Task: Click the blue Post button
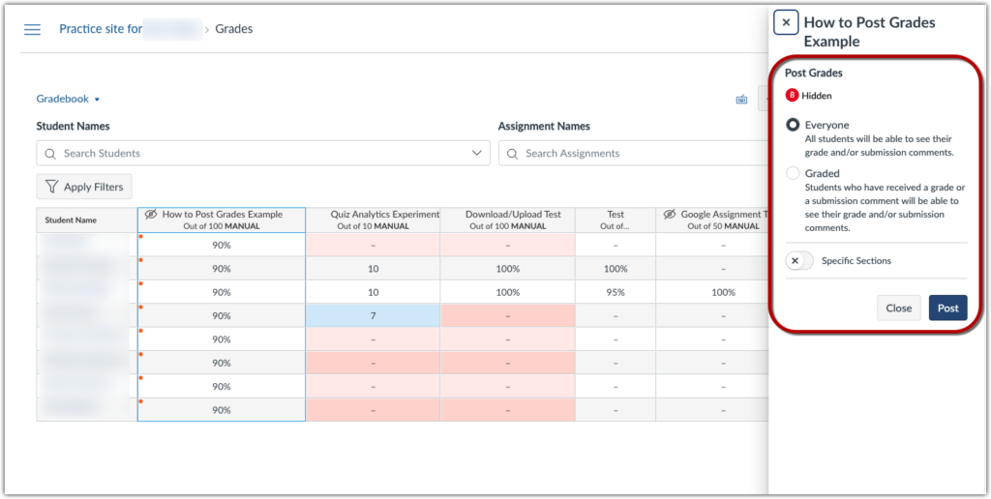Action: click(947, 308)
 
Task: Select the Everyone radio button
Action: click(794, 125)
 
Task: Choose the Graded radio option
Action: click(794, 173)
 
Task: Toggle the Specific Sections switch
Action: click(799, 261)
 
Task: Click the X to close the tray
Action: click(786, 23)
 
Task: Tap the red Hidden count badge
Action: click(793, 96)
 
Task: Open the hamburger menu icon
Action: click(32, 29)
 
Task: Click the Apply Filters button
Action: click(84, 187)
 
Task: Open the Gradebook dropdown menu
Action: click(68, 99)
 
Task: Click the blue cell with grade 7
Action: click(373, 315)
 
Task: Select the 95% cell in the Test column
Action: click(616, 292)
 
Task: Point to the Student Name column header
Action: click(72, 220)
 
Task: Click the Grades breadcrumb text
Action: click(233, 29)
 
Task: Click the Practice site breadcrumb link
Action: click(101, 29)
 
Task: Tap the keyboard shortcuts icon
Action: click(741, 99)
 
